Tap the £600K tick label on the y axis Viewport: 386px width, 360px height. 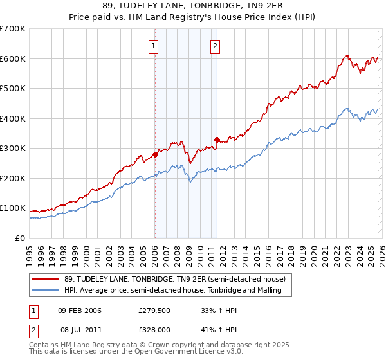pos(13,59)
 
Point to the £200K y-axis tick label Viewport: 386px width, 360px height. pos(13,178)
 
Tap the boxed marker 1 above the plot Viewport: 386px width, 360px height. pos(154,46)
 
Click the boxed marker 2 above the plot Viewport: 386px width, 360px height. pos(214,46)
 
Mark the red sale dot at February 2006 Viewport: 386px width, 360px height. pos(155,154)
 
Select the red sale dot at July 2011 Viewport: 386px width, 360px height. pos(217,139)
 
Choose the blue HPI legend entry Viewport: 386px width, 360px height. pos(178,291)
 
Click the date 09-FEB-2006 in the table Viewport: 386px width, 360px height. pos(80,310)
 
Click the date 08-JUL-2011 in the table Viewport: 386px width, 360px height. pos(80,328)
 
